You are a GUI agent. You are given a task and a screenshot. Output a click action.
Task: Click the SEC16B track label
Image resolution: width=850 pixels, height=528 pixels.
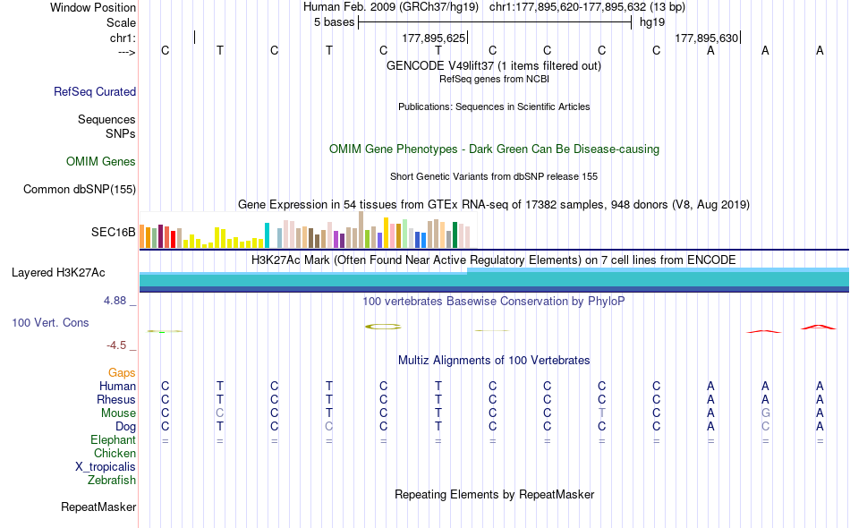pyautogui.click(x=113, y=232)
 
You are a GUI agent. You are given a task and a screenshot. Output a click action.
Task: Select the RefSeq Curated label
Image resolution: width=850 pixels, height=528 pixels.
pyautogui.click(x=95, y=91)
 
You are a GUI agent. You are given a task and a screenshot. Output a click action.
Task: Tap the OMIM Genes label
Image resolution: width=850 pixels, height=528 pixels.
pyautogui.click(x=101, y=162)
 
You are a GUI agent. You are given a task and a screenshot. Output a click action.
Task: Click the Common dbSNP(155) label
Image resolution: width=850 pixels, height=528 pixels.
pyautogui.click(x=80, y=189)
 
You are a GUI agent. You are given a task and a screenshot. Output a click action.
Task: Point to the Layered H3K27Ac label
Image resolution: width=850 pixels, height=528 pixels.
pyautogui.click(x=58, y=272)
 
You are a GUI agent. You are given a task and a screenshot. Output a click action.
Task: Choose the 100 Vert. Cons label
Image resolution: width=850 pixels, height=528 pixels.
pyautogui.click(x=50, y=322)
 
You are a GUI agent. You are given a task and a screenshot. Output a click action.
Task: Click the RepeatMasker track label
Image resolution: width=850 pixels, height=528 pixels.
pyautogui.click(x=98, y=507)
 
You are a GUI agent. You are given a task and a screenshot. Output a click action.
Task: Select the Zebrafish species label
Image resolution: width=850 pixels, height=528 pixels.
pyautogui.click(x=112, y=481)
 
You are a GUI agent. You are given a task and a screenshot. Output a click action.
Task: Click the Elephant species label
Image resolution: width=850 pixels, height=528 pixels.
pyautogui.click(x=113, y=440)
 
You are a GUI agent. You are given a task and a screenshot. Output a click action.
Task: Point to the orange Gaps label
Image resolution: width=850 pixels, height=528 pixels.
pyautogui.click(x=122, y=372)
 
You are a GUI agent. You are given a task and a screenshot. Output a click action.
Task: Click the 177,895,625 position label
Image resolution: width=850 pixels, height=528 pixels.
pyautogui.click(x=434, y=38)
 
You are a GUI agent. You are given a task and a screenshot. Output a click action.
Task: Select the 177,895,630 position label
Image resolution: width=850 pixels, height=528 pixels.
pyautogui.click(x=707, y=38)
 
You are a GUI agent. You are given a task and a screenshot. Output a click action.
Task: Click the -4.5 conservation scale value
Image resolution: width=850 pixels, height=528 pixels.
pyautogui.click(x=116, y=345)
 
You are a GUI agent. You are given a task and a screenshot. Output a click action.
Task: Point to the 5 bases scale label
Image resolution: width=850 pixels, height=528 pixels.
pyautogui.click(x=335, y=22)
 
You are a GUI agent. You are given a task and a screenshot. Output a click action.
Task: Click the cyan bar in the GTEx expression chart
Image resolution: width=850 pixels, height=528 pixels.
pyautogui.click(x=267, y=235)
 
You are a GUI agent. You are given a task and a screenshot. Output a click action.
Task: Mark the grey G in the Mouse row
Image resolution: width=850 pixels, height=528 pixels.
pyautogui.click(x=765, y=413)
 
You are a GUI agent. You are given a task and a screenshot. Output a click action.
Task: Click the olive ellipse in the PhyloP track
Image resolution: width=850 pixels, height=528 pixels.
pyautogui.click(x=383, y=327)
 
